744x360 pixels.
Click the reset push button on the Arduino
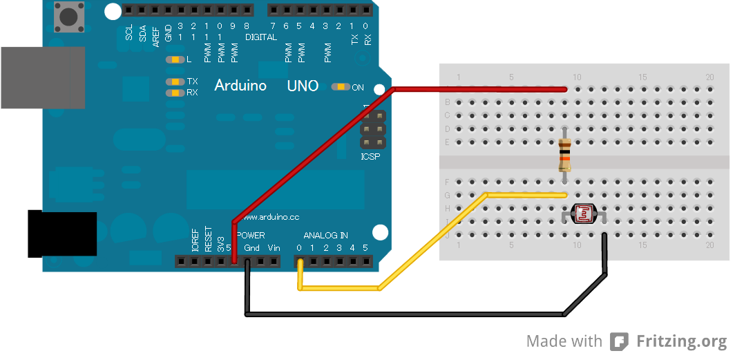point(68,15)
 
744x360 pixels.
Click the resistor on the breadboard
point(565,155)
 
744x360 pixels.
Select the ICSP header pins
point(372,130)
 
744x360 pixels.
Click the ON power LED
point(341,87)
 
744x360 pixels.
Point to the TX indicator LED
point(175,82)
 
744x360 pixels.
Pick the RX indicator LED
point(175,93)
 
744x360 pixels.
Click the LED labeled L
point(175,60)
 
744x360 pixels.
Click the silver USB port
point(41,77)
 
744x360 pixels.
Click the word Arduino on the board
point(240,86)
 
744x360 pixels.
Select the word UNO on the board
point(303,86)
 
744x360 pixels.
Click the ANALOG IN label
point(325,236)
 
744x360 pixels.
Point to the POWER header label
point(250,236)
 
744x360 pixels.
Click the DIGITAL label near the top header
point(260,37)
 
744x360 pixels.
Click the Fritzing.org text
point(681,341)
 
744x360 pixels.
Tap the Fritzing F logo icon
point(620,341)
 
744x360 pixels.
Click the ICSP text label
point(371,157)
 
